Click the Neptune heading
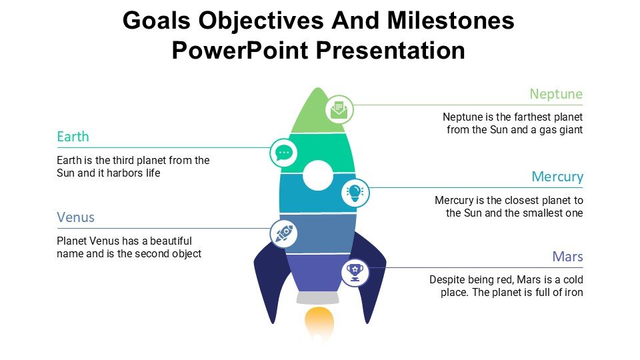click(x=556, y=94)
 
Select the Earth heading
click(x=73, y=136)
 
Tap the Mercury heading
click(x=557, y=177)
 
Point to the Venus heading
click(x=75, y=217)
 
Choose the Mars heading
click(x=567, y=256)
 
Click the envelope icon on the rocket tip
click(x=339, y=109)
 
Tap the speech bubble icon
click(x=284, y=153)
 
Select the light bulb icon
click(x=355, y=192)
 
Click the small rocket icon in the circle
click(x=284, y=233)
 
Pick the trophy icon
click(x=355, y=273)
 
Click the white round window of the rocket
click(x=317, y=175)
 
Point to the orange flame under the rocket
click(x=319, y=323)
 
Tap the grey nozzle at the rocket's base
click(x=318, y=297)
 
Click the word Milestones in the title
click(x=451, y=21)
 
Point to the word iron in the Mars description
click(x=573, y=292)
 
